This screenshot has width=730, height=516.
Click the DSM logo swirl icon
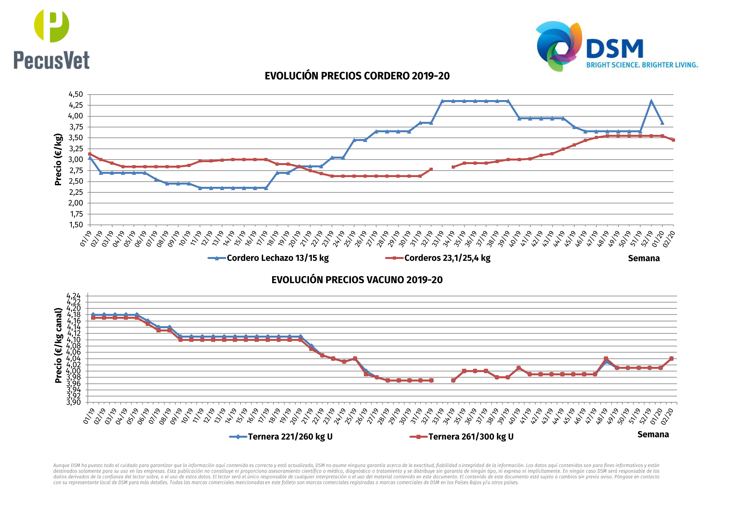coord(559,45)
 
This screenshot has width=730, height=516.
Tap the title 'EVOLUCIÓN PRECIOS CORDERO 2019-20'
coord(357,76)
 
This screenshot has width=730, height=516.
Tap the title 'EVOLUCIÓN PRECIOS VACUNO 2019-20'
coord(357,280)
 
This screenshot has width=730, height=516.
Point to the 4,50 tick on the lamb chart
coord(75,95)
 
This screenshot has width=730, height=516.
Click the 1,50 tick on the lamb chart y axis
coord(75,225)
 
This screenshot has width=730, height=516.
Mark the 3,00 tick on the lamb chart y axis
coord(75,160)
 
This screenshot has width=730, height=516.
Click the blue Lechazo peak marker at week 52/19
coord(651,101)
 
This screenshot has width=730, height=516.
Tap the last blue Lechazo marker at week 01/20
coord(662,123)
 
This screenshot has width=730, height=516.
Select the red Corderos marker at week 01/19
coord(90,154)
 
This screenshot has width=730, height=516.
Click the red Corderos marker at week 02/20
coord(673,140)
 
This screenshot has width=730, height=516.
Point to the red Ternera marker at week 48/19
coord(606,359)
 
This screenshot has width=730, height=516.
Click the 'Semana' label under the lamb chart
coord(644,258)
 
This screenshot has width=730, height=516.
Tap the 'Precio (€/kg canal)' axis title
coord(59,345)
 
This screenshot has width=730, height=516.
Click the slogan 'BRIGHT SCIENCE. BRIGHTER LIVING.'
coord(642,65)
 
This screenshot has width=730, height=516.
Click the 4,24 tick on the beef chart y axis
coord(73,296)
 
